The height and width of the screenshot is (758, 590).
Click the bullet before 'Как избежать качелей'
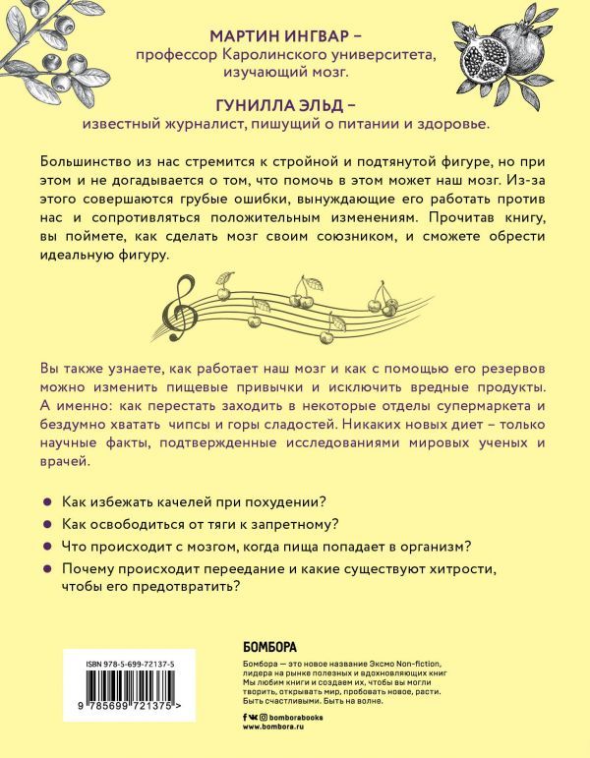(x=45, y=501)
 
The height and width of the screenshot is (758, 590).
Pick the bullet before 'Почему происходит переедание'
(x=45, y=569)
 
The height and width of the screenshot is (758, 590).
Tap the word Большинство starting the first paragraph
(x=87, y=161)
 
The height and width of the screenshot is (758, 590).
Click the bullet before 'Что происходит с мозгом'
(x=45, y=547)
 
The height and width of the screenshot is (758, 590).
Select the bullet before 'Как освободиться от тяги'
(x=45, y=524)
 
